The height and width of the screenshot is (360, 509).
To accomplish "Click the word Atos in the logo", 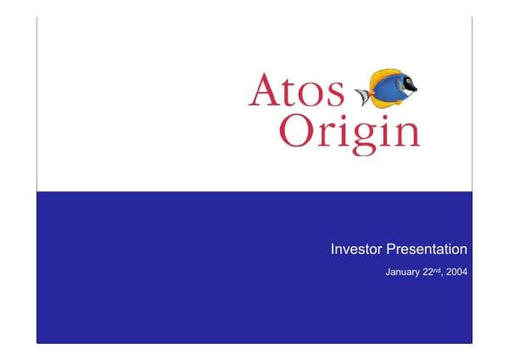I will (296, 91).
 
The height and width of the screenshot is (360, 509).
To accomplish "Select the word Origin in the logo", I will (349, 132).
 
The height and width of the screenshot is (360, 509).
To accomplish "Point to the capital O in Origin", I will (296, 131).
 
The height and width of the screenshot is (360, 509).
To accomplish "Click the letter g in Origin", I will (356, 138).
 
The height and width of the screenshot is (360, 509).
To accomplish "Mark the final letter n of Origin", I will (406, 134).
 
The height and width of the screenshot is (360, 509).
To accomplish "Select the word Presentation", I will (427, 250).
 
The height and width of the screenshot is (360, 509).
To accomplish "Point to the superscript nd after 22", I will (436, 271).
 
